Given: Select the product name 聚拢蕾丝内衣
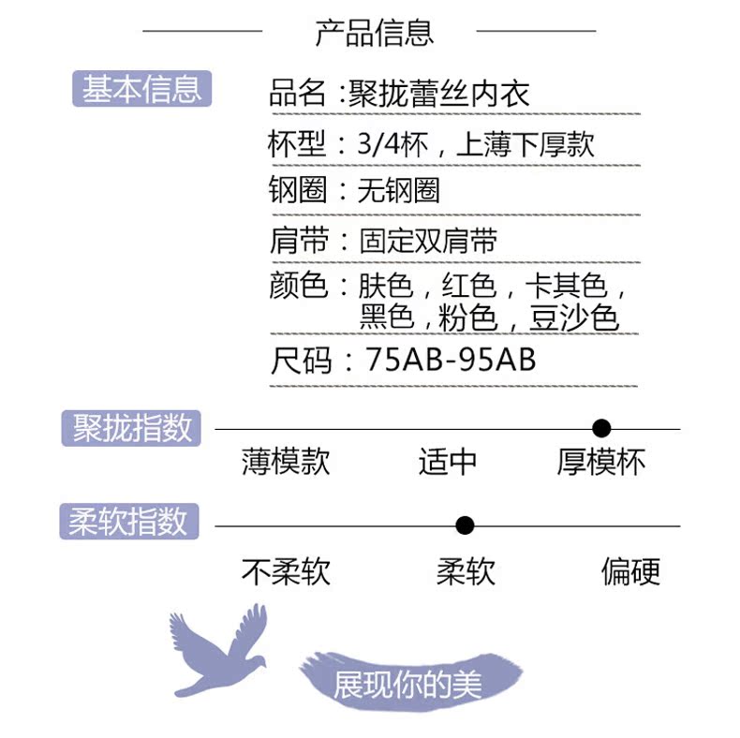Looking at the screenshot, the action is click(439, 93).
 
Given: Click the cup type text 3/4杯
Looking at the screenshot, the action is click(392, 143).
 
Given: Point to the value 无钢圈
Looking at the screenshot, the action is click(399, 191).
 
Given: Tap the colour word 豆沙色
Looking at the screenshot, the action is click(574, 318).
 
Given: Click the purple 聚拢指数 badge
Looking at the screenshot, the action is click(131, 428).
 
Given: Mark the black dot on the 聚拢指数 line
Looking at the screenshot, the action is click(602, 429).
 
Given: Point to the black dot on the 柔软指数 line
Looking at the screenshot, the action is click(465, 525).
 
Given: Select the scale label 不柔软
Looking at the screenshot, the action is click(286, 571).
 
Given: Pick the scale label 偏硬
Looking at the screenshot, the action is click(630, 571).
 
